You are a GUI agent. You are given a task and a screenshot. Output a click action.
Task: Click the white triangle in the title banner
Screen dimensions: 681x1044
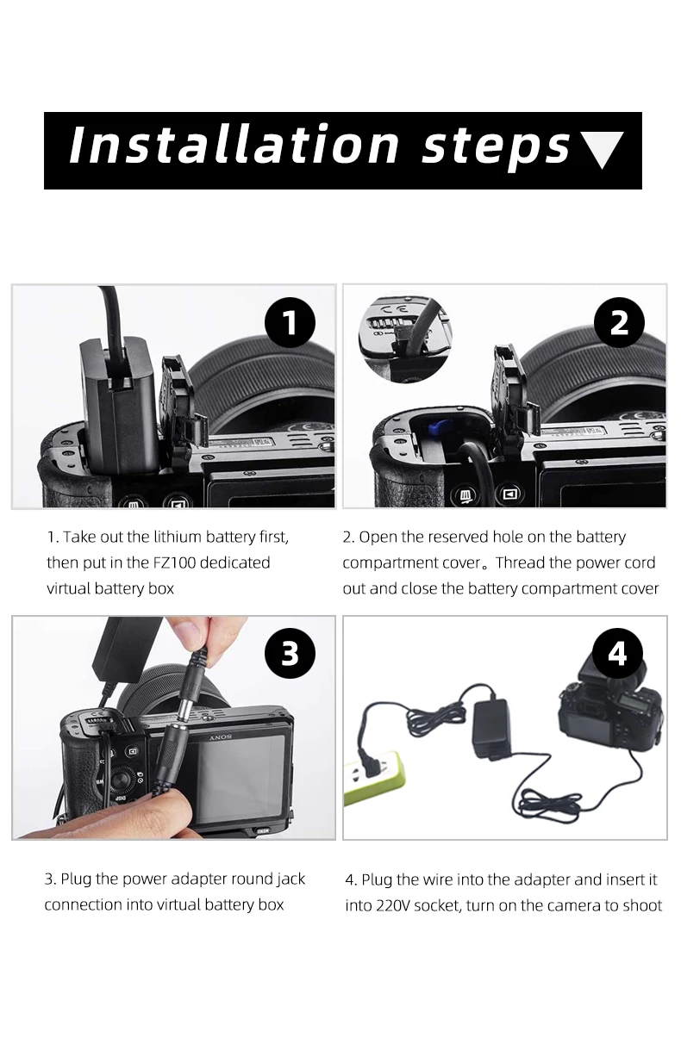[x=603, y=148]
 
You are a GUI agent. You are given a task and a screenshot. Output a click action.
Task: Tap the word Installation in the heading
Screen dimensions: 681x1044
[x=234, y=144]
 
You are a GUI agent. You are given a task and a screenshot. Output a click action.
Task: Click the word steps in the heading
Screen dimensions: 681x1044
[x=496, y=148]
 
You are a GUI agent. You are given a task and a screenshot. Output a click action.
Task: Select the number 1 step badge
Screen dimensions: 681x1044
[x=290, y=322]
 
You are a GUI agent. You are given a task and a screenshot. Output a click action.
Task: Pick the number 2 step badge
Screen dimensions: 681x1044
[x=619, y=322]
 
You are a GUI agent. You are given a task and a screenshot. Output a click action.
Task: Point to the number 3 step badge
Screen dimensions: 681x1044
[x=290, y=653]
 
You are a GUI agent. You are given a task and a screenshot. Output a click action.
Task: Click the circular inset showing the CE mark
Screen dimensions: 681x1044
[x=404, y=339]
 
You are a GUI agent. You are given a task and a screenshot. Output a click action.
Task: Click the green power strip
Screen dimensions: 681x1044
[x=373, y=777]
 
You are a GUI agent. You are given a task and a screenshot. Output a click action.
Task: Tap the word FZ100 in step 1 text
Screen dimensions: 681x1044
[x=174, y=562]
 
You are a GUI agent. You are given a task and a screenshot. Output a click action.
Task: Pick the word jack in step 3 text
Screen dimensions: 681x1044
[x=291, y=879]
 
